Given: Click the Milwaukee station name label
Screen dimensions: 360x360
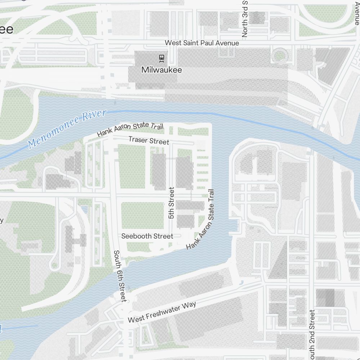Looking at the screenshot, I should click(162, 70).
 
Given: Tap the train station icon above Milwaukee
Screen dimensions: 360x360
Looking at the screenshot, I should click(162, 58).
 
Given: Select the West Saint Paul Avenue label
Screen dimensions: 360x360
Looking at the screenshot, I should click(202, 43).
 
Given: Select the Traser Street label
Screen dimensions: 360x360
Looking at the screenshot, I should click(149, 140).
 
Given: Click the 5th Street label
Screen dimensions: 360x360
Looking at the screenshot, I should click(171, 203).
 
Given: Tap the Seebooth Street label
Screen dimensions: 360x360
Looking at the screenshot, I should click(147, 236).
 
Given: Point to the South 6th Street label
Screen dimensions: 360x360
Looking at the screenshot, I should click(120, 276).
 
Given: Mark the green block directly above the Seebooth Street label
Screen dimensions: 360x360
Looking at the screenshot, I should click(142, 215).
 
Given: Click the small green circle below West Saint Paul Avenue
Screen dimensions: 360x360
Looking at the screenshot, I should click(279, 56).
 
